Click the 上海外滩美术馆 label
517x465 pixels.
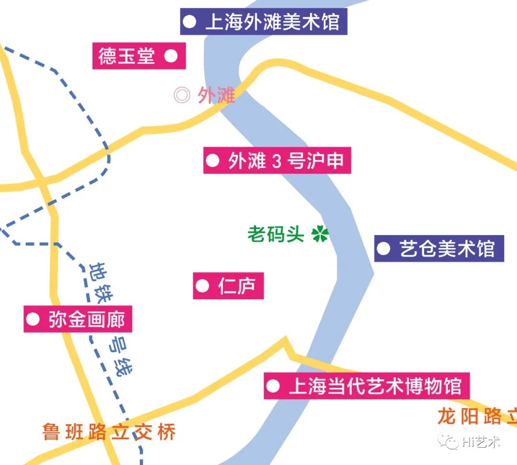(264, 22)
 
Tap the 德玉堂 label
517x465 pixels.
(139, 56)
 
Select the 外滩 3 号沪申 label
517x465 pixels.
(277, 160)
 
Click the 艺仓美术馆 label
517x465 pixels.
(439, 249)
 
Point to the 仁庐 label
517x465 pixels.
(228, 286)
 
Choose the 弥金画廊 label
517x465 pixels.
(78, 319)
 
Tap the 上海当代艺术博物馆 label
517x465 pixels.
(367, 386)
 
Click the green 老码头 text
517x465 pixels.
(276, 234)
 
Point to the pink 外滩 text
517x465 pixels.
(216, 95)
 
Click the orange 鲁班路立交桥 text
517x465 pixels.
(109, 432)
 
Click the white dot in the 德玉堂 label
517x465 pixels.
(171, 56)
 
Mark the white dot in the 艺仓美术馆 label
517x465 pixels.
(383, 249)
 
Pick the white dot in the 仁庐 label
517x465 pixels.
(202, 286)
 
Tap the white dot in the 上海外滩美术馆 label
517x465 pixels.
(190, 22)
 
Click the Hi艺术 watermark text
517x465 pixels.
(481, 442)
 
